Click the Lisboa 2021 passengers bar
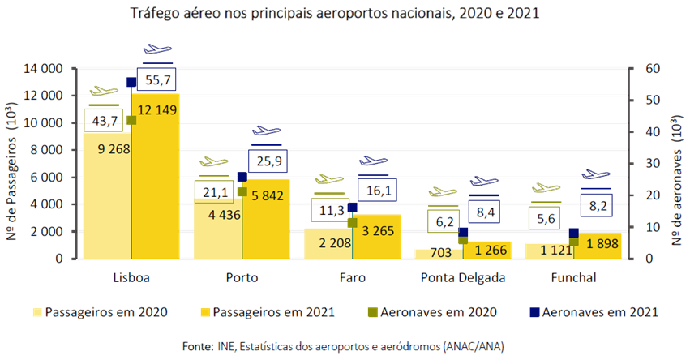tap(156, 176)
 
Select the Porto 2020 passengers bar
tap(218, 229)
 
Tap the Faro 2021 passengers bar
tap(377, 236)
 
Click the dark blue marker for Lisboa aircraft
tap(131, 82)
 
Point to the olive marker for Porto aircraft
tap(242, 192)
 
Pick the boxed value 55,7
tap(156, 80)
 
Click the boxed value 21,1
tap(214, 192)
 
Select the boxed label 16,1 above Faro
tap(377, 191)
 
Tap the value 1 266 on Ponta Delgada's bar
tap(491, 250)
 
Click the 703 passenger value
tap(440, 252)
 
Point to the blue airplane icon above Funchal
tap(596, 174)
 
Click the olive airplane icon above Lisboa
tap(104, 91)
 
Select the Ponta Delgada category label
tap(463, 277)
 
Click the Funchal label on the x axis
tap(573, 277)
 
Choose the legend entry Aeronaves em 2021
tap(594, 312)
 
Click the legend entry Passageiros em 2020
tap(101, 312)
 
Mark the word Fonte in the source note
tap(198, 346)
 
